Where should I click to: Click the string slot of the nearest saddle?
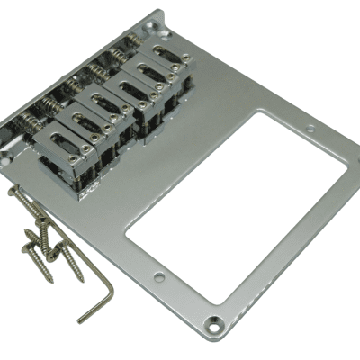click(x=64, y=144)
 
